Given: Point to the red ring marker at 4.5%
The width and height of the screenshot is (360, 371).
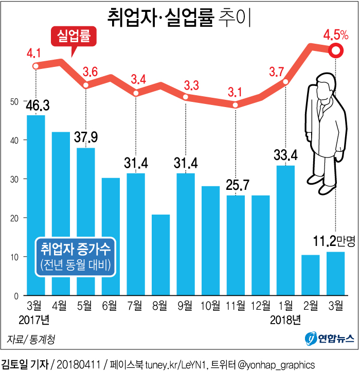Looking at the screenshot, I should pos(335,50).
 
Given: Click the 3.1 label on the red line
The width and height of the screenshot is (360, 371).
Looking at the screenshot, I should pos(235,93).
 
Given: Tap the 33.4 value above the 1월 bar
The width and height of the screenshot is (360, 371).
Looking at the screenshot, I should pos(285,155).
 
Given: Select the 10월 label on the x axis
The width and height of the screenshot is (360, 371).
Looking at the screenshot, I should pos(210,307).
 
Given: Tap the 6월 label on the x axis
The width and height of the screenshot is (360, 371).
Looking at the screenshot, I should pos(111,307).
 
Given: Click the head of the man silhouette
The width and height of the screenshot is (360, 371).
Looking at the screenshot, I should pos(325,85).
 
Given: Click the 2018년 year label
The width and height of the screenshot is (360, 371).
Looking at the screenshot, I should pos(285,321).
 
